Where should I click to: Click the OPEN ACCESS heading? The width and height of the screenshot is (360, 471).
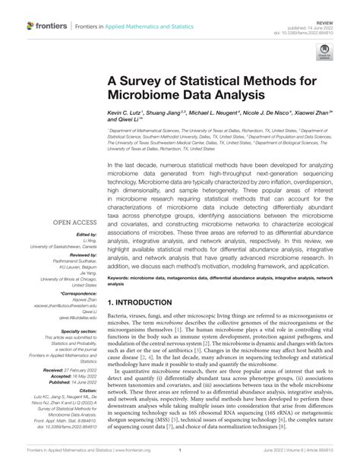point(72,223)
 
